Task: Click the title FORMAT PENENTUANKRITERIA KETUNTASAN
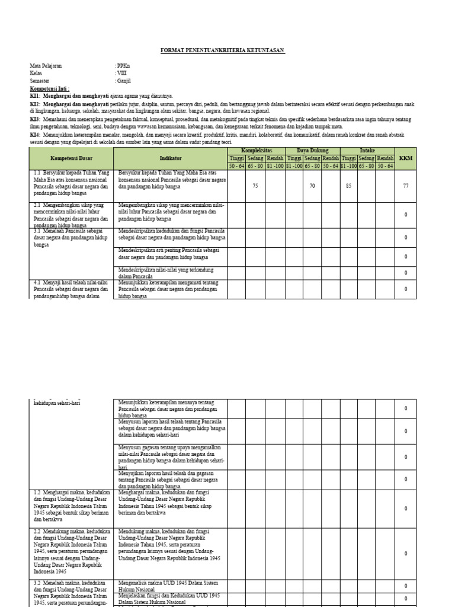point(223,52)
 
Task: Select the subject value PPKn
point(123,66)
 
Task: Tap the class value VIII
point(121,73)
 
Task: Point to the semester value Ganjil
point(123,81)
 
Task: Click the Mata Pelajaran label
point(46,66)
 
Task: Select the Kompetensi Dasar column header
point(71,158)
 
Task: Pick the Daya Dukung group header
point(312,151)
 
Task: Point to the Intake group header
point(368,151)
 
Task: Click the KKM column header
point(406,158)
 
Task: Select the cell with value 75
point(255,186)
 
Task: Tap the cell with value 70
point(312,186)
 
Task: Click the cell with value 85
point(349,186)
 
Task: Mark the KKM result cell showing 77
point(406,186)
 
